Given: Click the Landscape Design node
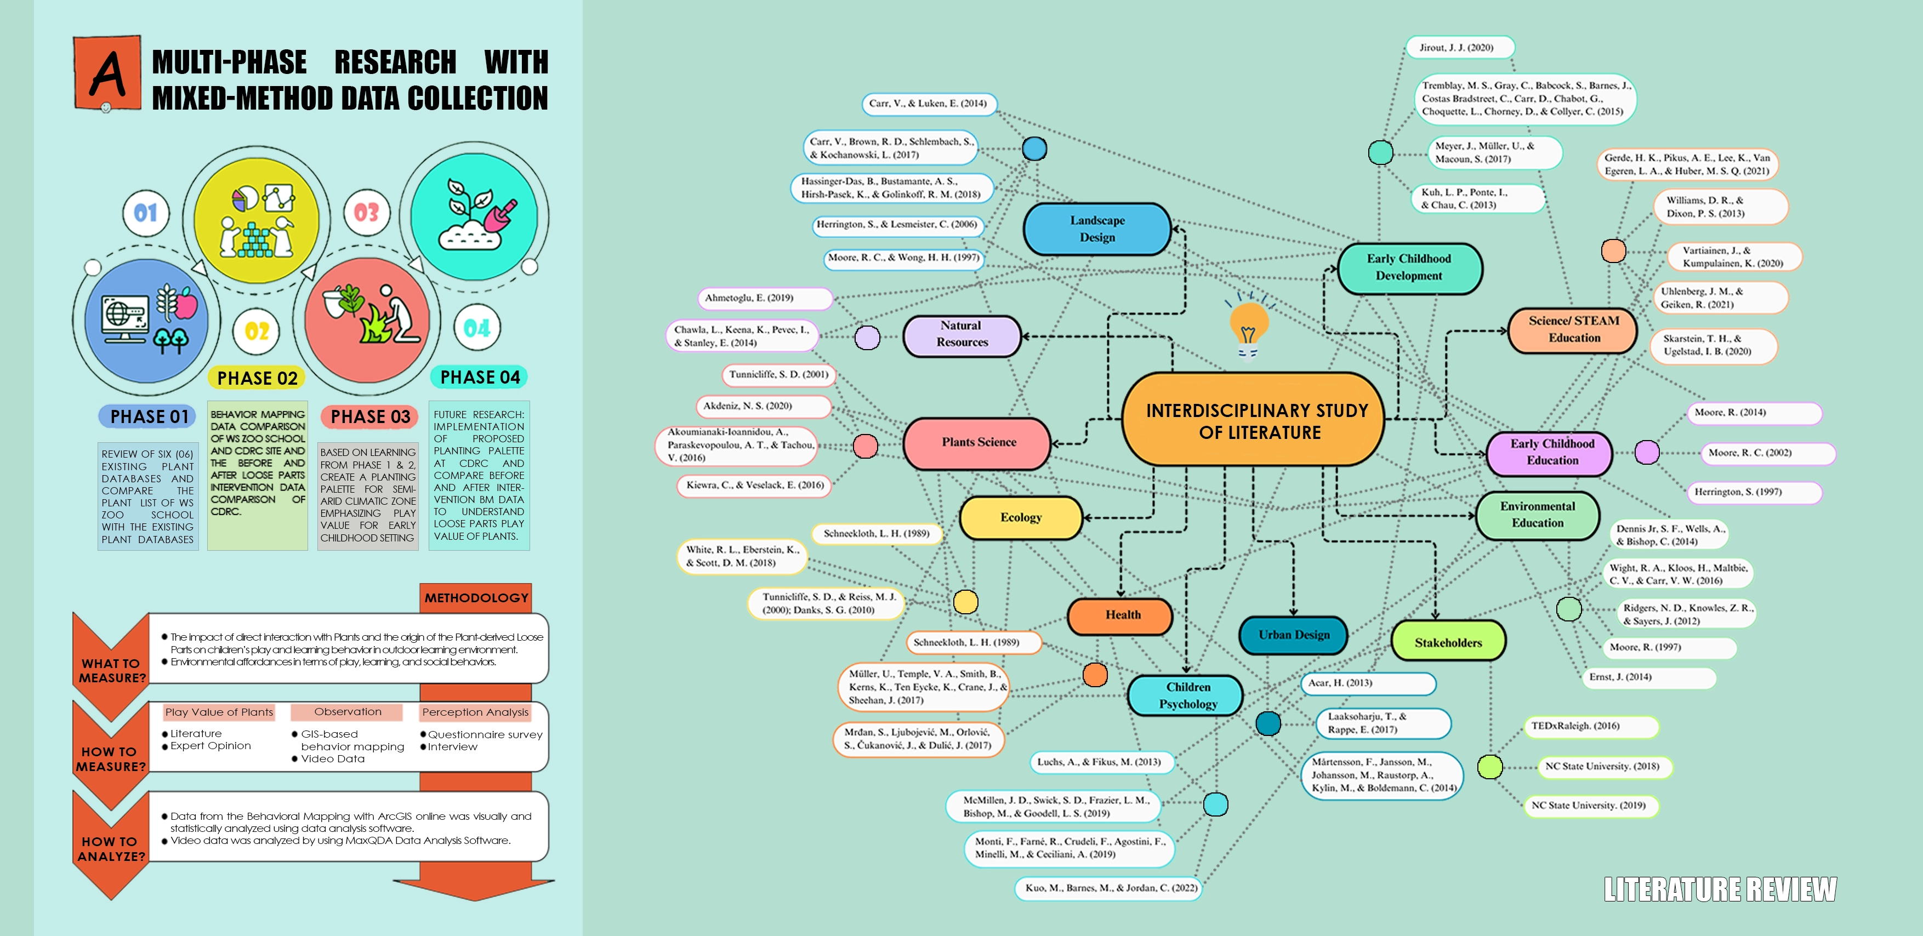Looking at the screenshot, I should pyautogui.click(x=1096, y=229).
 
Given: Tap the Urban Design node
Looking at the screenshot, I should pyautogui.click(x=1293, y=635).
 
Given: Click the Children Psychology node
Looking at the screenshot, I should pyautogui.click(x=1187, y=695).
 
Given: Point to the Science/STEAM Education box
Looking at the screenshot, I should pyautogui.click(x=1573, y=329).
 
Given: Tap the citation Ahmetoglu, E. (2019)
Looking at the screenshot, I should pyautogui.click(x=749, y=298).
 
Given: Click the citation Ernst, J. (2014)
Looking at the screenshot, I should pyautogui.click(x=1620, y=677).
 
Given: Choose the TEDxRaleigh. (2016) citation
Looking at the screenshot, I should pyautogui.click(x=1575, y=726).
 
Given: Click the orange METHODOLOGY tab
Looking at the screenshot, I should pyautogui.click(x=476, y=598).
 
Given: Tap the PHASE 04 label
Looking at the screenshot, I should pyautogui.click(x=479, y=378).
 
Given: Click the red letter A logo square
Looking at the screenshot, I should pyautogui.click(x=107, y=72).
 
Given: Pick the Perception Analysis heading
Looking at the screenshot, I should pyautogui.click(x=475, y=712).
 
